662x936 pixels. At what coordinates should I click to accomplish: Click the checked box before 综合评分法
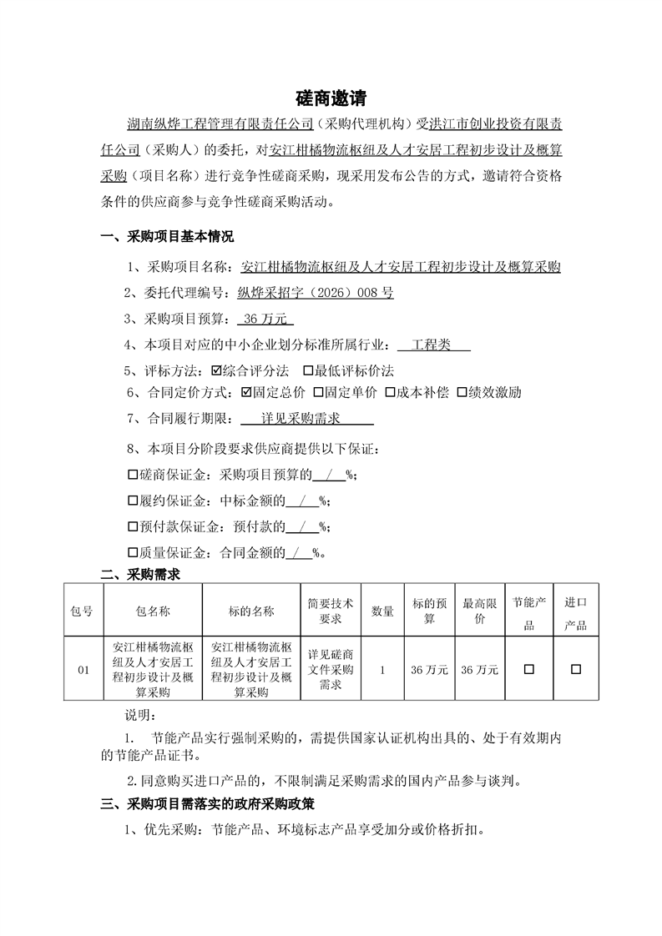(x=217, y=370)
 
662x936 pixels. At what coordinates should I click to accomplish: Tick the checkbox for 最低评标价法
(x=308, y=370)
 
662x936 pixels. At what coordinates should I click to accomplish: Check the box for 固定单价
(x=319, y=392)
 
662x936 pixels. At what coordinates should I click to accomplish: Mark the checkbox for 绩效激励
(x=462, y=392)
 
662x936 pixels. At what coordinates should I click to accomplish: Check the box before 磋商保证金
(x=132, y=476)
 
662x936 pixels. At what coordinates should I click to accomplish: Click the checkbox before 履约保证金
(x=132, y=501)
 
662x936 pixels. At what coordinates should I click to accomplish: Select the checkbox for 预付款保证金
(x=132, y=527)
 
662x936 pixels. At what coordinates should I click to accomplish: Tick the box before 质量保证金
(x=132, y=552)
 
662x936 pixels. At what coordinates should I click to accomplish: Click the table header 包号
(x=83, y=611)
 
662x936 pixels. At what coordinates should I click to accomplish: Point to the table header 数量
(x=382, y=611)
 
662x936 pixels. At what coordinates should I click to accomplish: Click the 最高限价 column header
(x=480, y=611)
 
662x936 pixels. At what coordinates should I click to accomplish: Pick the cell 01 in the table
(x=83, y=669)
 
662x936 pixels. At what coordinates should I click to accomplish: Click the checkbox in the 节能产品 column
(x=528, y=669)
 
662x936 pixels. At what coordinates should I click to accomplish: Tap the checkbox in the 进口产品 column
(x=576, y=669)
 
